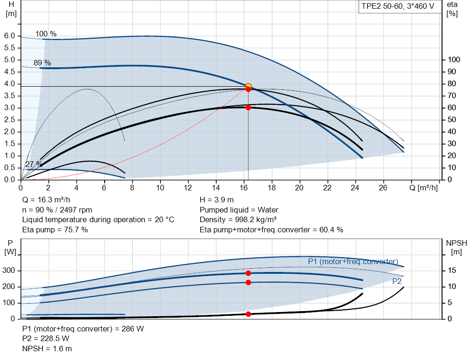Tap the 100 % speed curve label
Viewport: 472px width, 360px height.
coord(46,34)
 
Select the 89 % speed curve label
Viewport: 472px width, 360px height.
coord(42,63)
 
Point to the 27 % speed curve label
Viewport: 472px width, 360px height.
coord(33,164)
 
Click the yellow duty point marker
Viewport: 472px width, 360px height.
coord(248,86)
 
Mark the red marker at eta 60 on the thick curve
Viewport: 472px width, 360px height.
coord(248,107)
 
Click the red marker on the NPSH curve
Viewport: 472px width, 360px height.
coord(248,314)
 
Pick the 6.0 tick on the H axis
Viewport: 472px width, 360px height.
coord(10,36)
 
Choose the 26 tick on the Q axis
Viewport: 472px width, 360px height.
coord(383,188)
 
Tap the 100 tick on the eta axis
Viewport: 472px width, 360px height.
coord(454,60)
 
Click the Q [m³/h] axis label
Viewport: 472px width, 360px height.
coord(425,188)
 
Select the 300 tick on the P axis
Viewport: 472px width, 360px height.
coord(8,271)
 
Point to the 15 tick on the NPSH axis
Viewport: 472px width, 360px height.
coord(453,271)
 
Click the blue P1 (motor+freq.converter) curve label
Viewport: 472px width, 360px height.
coord(353,261)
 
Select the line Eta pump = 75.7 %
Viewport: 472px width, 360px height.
coord(55,230)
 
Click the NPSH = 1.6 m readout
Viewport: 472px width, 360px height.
coord(47,349)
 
